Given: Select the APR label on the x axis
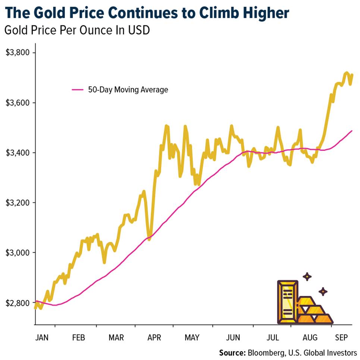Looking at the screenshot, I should (154, 338).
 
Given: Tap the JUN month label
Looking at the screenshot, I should (233, 338).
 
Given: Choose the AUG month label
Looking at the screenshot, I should (310, 338).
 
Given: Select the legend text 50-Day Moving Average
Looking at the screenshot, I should (128, 90).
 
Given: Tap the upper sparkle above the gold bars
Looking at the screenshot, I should (307, 276).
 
